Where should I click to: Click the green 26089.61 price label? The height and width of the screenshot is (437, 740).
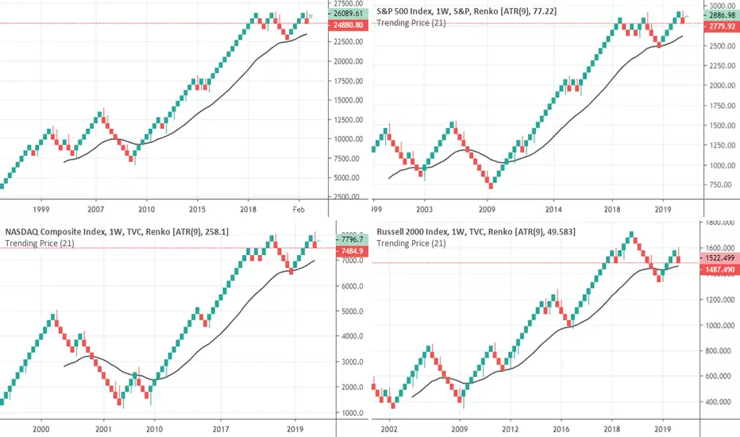pos(349,14)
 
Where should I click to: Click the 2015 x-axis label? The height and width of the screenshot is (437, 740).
pos(198,208)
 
